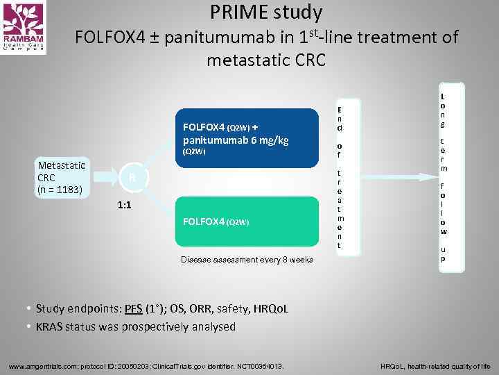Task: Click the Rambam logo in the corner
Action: point(24,28)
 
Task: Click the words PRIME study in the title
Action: point(266,12)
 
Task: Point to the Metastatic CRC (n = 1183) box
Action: point(61,177)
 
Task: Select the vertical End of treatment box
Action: point(340,177)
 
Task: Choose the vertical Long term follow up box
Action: point(444,178)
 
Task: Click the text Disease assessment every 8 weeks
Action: point(247,260)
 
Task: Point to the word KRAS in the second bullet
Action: point(51,326)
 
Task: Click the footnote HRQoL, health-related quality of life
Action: point(435,366)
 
